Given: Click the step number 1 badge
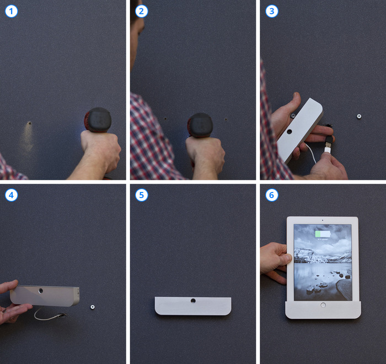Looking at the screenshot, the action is (12, 11).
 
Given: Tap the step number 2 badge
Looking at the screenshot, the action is (142, 11).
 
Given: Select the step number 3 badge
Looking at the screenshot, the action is (272, 11).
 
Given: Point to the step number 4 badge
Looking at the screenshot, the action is (12, 195).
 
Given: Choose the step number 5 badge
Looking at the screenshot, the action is (142, 195).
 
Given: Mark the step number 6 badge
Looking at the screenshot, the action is (272, 195).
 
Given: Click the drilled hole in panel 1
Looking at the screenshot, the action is (30, 123).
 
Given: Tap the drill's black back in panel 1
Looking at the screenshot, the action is (99, 120).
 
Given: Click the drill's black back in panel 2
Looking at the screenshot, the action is (201, 125).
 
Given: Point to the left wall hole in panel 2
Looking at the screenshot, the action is (165, 119).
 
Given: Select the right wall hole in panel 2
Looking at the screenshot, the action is (226, 120).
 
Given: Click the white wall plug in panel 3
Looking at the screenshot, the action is (359, 116).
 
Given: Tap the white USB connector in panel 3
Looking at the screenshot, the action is (327, 150).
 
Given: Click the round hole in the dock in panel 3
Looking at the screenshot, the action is (289, 131).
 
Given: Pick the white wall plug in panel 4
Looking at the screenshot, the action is (93, 307).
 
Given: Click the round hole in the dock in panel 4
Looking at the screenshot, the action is (41, 291).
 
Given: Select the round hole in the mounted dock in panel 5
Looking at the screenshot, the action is (193, 301).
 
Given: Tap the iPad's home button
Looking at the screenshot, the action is (323, 305).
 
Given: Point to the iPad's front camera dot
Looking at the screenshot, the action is (323, 220).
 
